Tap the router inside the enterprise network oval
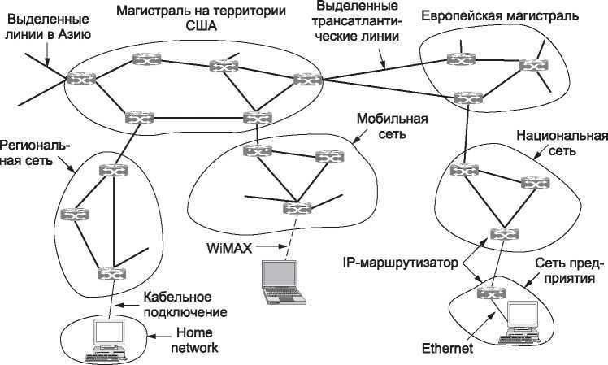489,293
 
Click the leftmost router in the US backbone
80,79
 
